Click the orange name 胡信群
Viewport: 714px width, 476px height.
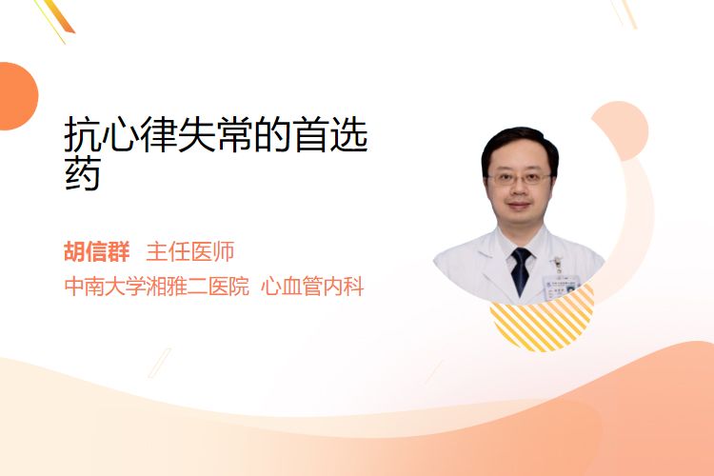coord(97,252)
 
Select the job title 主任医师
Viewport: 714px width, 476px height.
coord(189,252)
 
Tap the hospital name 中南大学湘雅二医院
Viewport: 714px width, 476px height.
coord(157,287)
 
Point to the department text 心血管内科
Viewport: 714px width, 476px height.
coord(312,287)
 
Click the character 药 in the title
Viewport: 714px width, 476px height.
coord(83,175)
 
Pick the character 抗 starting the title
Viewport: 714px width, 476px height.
coord(83,134)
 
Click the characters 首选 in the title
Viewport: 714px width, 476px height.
coord(331,134)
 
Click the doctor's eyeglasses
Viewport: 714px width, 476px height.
coord(519,178)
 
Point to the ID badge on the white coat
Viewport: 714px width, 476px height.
coord(561,285)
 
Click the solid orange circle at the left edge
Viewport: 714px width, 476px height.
coord(17,96)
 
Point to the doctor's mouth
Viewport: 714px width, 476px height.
coord(519,206)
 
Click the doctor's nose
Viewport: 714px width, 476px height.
coord(519,190)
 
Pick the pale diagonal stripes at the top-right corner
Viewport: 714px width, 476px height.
coord(624,13)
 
